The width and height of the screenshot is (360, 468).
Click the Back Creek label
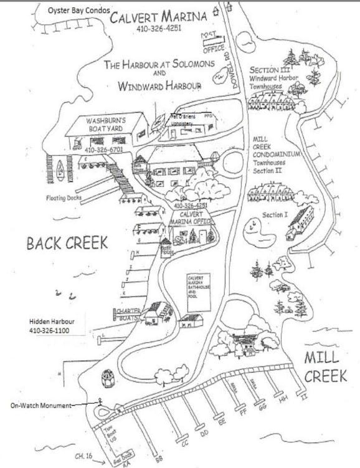click(x=67, y=243)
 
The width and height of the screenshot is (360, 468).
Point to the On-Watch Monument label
click(x=41, y=404)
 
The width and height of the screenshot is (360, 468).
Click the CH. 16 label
click(x=83, y=457)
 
